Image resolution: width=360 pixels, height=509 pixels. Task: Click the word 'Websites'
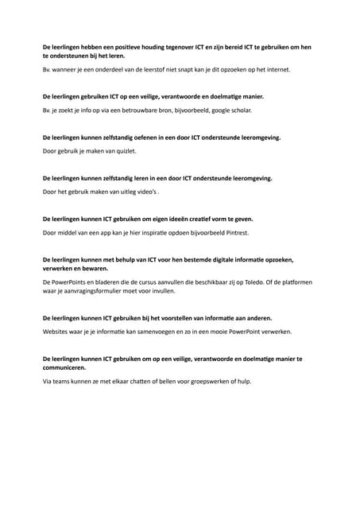pyautogui.click(x=56, y=331)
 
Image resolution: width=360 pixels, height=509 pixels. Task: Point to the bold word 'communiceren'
pyautogui.click(x=66, y=368)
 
